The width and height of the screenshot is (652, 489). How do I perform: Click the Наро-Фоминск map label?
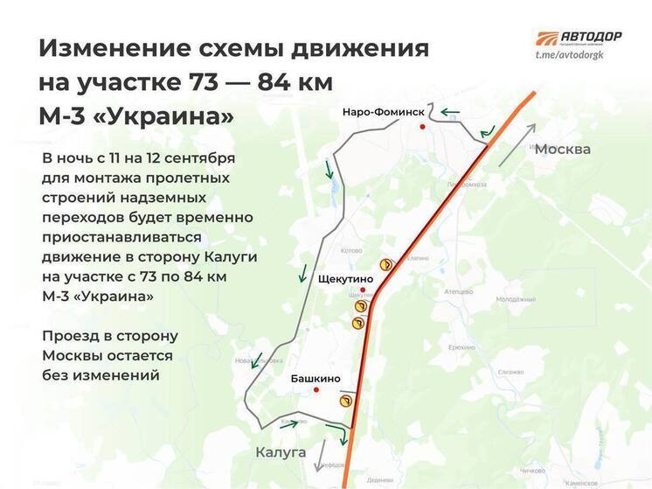point(383,113)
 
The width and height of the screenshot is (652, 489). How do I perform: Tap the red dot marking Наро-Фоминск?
point(424,127)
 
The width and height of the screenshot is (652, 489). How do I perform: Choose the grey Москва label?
point(562,149)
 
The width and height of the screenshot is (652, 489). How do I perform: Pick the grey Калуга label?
point(281,452)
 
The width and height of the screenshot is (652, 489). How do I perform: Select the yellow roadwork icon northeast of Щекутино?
point(383,263)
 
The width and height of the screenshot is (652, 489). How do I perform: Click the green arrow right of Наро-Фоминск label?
point(450,112)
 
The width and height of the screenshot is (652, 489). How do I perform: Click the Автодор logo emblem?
point(547,39)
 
